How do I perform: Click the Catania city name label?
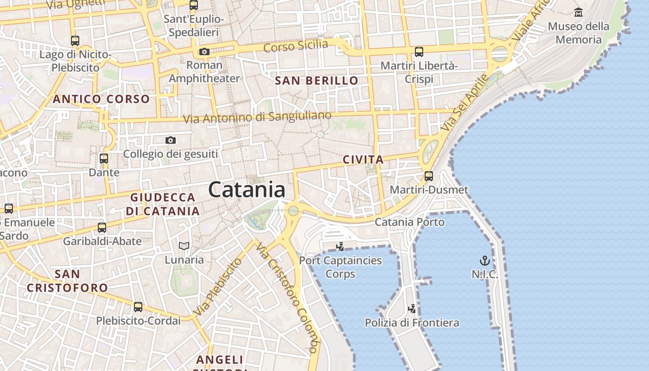(247, 190)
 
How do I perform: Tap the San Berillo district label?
(317, 81)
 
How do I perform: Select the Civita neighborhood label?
(363, 160)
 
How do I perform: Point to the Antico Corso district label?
(101, 99)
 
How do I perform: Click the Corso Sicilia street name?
(295, 46)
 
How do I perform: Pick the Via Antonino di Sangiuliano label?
(257, 117)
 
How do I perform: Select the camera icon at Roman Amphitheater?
(204, 51)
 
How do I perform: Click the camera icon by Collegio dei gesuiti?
(171, 140)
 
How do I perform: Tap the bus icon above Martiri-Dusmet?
(429, 176)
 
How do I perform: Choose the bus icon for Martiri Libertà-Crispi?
(419, 52)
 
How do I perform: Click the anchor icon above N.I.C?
(484, 261)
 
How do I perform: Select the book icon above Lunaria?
(184, 246)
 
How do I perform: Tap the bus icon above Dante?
(104, 159)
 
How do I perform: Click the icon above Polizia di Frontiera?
(412, 309)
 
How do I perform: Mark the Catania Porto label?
(409, 222)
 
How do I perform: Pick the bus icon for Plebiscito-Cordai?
(138, 307)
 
